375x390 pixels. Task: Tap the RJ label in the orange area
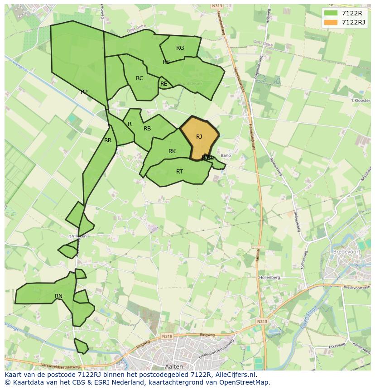[199, 136]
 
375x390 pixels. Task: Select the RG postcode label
[180, 48]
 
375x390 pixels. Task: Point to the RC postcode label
[139, 78]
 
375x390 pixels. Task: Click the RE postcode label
[164, 84]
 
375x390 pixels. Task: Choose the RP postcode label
[84, 92]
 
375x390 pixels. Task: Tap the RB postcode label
[147, 129]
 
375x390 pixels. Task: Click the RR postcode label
[108, 140]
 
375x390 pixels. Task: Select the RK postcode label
[172, 151]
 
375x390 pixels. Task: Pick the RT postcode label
[179, 172]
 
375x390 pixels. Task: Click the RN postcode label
[58, 296]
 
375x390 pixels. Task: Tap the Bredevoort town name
[346, 251]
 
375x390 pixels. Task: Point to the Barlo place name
[226, 155]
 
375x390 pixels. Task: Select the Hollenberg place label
[269, 277]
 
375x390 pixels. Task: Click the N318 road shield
[167, 336]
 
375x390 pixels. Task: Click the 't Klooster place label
[361, 100]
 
